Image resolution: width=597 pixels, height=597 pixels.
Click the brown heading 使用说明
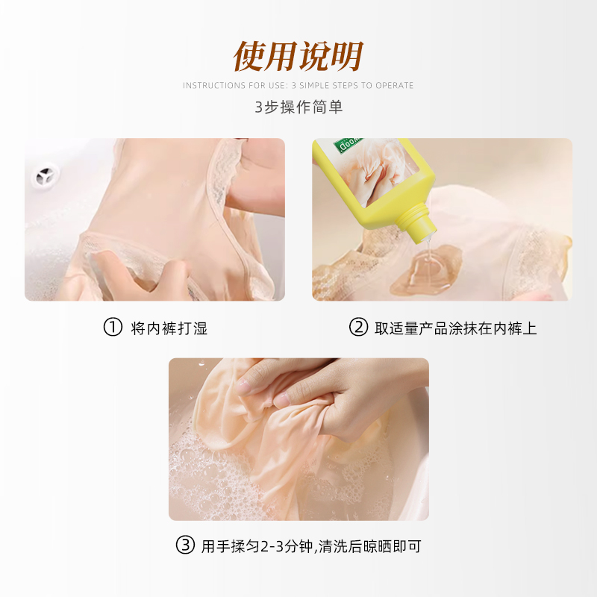click(x=298, y=55)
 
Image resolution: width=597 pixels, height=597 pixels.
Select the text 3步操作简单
click(x=298, y=107)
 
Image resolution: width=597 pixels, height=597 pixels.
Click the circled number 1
click(x=112, y=328)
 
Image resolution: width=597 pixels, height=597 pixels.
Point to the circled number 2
click(x=359, y=328)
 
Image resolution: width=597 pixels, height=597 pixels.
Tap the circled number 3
click(x=185, y=546)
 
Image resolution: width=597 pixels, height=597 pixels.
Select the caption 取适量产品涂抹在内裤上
click(x=455, y=328)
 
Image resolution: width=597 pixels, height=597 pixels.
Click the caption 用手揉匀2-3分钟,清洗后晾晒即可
click(x=311, y=546)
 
